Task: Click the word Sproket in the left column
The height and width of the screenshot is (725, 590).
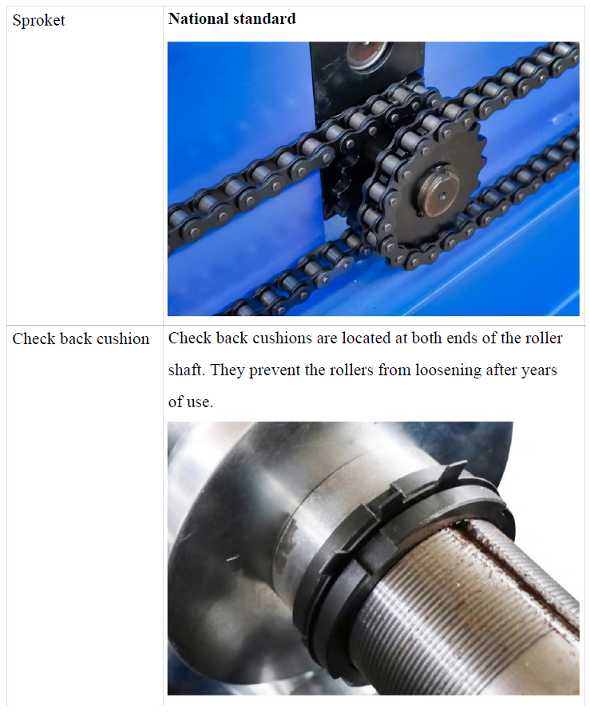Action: click(x=38, y=20)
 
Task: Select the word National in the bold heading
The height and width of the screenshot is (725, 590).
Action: click(x=199, y=18)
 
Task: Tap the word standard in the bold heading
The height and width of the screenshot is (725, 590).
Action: click(x=264, y=18)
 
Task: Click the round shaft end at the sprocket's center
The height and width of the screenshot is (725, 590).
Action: click(x=438, y=191)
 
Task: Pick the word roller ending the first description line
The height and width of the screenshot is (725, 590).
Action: click(x=544, y=339)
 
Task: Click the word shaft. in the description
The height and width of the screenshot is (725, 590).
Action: click(x=188, y=370)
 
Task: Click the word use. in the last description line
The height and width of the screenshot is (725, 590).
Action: click(x=200, y=402)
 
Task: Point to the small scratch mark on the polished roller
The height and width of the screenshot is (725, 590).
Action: click(x=232, y=559)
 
